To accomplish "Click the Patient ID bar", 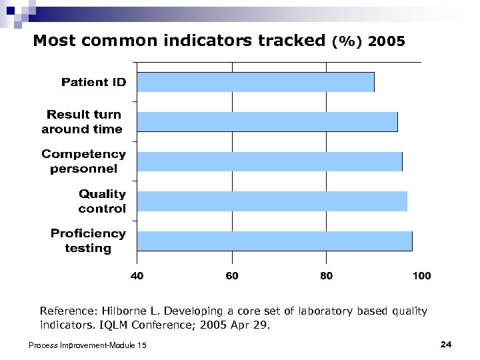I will [255, 82].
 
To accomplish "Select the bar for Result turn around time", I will [267, 122].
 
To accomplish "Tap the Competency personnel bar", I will [269, 161].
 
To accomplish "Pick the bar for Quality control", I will [272, 201].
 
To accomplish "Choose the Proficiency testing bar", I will [274, 241].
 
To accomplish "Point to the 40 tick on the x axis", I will [136, 275].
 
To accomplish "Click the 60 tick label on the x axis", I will [231, 275].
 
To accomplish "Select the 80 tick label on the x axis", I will [326, 275].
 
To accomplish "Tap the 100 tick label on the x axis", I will [421, 275].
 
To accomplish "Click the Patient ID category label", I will [93, 82].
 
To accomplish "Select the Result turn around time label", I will [83, 121].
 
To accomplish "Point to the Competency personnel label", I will [83, 161].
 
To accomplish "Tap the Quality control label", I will [101, 201].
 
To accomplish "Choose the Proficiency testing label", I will [88, 240].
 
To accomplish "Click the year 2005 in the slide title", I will [385, 42].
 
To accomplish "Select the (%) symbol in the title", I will [346, 42].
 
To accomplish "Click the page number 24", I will [447, 344].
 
